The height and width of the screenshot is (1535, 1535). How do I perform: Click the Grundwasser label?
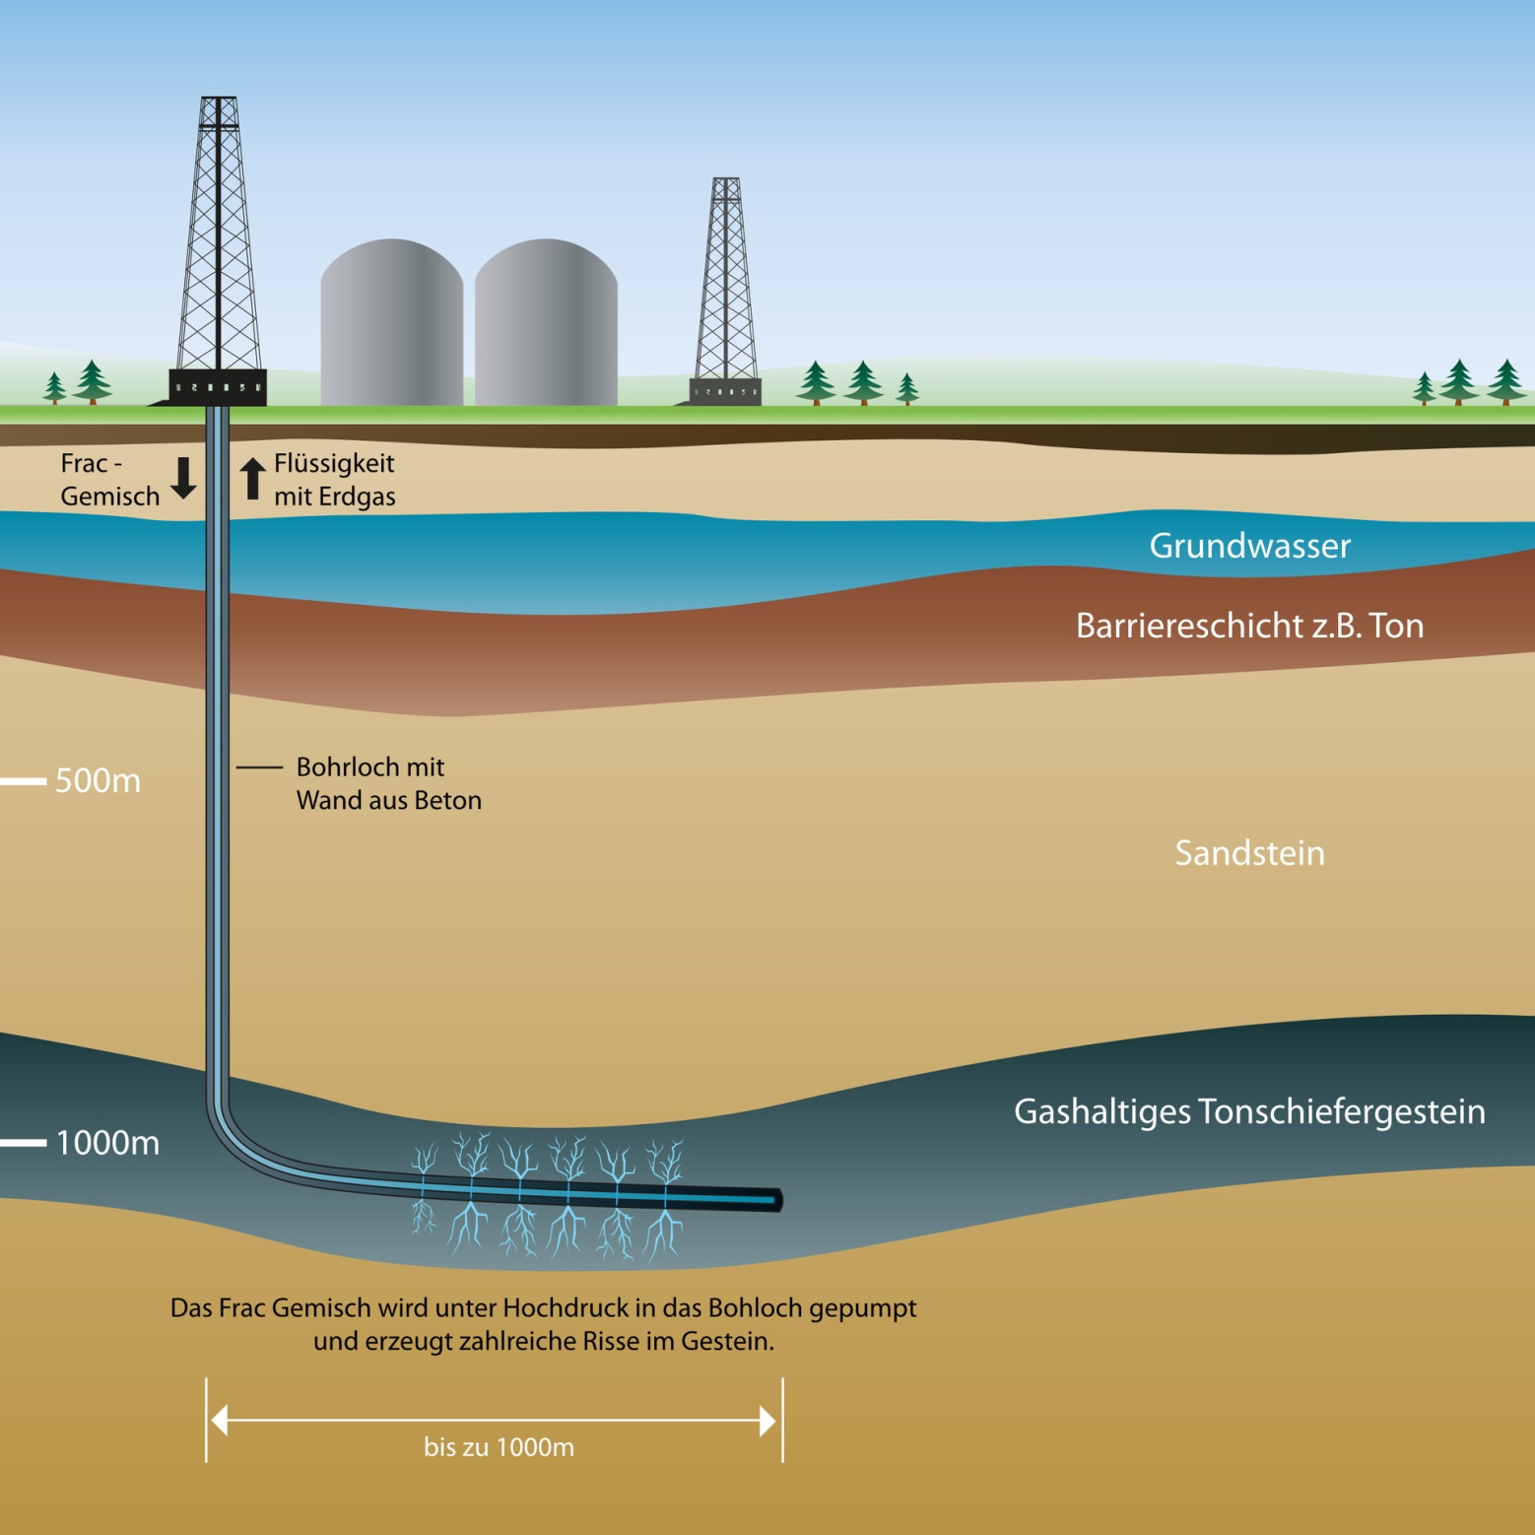pyautogui.click(x=1249, y=546)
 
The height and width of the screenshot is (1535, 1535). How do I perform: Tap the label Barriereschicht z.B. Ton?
pyautogui.click(x=1249, y=626)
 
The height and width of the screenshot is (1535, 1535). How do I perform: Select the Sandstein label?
pyautogui.click(x=1249, y=853)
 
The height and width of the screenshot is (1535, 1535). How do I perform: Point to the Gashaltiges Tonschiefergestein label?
pyautogui.click(x=1249, y=1111)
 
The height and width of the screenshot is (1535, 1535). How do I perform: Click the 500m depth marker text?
pyautogui.click(x=98, y=780)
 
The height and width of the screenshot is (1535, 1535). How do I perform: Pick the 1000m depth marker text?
pyautogui.click(x=107, y=1143)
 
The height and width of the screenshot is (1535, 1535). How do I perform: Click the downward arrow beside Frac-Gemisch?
pyautogui.click(x=183, y=478)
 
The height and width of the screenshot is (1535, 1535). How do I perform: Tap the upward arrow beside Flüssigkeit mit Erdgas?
pyautogui.click(x=253, y=479)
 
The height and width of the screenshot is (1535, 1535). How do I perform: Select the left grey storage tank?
pyautogui.click(x=391, y=325)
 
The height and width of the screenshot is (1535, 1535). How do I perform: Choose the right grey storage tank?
pyautogui.click(x=546, y=325)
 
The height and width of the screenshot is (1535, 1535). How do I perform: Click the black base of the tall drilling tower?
pyautogui.click(x=218, y=386)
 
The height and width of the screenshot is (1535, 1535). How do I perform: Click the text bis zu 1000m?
pyautogui.click(x=499, y=1447)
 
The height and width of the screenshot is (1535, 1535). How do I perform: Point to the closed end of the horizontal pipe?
pyautogui.click(x=776, y=1200)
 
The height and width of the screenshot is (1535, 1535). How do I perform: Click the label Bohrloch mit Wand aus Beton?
pyautogui.click(x=388, y=783)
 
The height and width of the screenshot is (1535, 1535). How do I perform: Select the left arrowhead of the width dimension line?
pyautogui.click(x=220, y=1420)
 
